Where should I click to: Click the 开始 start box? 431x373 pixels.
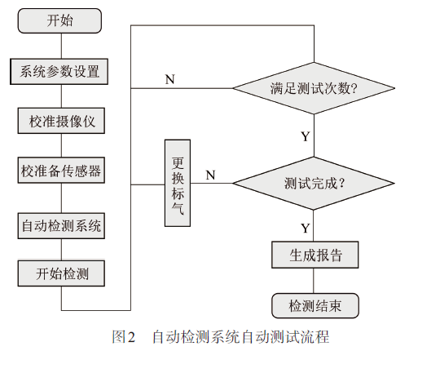click(59, 20)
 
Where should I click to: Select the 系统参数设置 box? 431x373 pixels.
click(59, 72)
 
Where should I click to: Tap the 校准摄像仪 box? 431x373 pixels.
click(61, 121)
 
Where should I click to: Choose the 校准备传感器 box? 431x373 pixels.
click(61, 170)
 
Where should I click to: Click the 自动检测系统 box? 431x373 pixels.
click(61, 226)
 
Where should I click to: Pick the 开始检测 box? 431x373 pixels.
click(61, 273)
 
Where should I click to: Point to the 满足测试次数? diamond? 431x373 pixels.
click(314, 88)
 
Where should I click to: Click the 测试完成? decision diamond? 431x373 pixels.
click(314, 184)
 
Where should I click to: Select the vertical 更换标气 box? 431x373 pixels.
click(178, 183)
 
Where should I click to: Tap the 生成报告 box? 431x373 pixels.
click(315, 255)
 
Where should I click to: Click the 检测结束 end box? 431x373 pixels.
click(315, 305)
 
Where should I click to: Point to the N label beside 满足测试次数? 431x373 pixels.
click(169, 79)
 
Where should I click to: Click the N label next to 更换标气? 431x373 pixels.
click(210, 175)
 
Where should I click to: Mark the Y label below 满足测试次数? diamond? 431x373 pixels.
click(306, 136)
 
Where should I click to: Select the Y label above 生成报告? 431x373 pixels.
click(306, 229)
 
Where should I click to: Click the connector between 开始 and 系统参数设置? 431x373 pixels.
click(61, 46)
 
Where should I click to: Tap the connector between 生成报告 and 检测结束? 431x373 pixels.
click(314, 281)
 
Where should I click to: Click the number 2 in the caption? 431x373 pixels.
click(131, 337)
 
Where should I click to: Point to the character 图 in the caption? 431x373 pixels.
click(119, 336)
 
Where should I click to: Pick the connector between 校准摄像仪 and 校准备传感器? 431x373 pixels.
click(61, 145)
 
